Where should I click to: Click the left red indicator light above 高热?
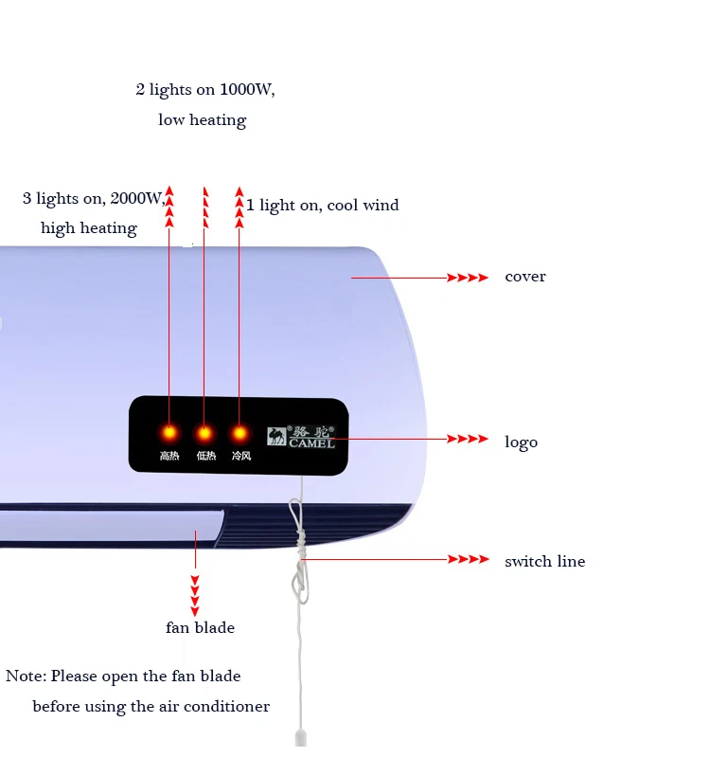pyautogui.click(x=169, y=433)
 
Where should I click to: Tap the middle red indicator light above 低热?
pyautogui.click(x=204, y=433)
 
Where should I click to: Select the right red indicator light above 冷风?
pyautogui.click(x=240, y=433)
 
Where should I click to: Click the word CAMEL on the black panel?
pyautogui.click(x=312, y=442)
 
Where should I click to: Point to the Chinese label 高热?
pyautogui.click(x=169, y=457)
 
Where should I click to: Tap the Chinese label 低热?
pyautogui.click(x=205, y=457)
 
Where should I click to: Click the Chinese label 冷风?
pyautogui.click(x=240, y=457)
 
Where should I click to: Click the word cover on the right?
pyautogui.click(x=525, y=277)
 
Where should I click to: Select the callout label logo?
pyautogui.click(x=521, y=442)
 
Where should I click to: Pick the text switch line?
pyautogui.click(x=544, y=561)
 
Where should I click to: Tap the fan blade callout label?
pyautogui.click(x=200, y=627)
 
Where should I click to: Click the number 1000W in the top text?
pyautogui.click(x=247, y=90)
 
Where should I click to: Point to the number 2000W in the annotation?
pyautogui.click(x=138, y=198)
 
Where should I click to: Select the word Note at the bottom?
pyautogui.click(x=25, y=677)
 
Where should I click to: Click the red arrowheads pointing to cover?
pyautogui.click(x=468, y=278)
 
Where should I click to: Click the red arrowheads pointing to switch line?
pyautogui.click(x=468, y=560)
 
